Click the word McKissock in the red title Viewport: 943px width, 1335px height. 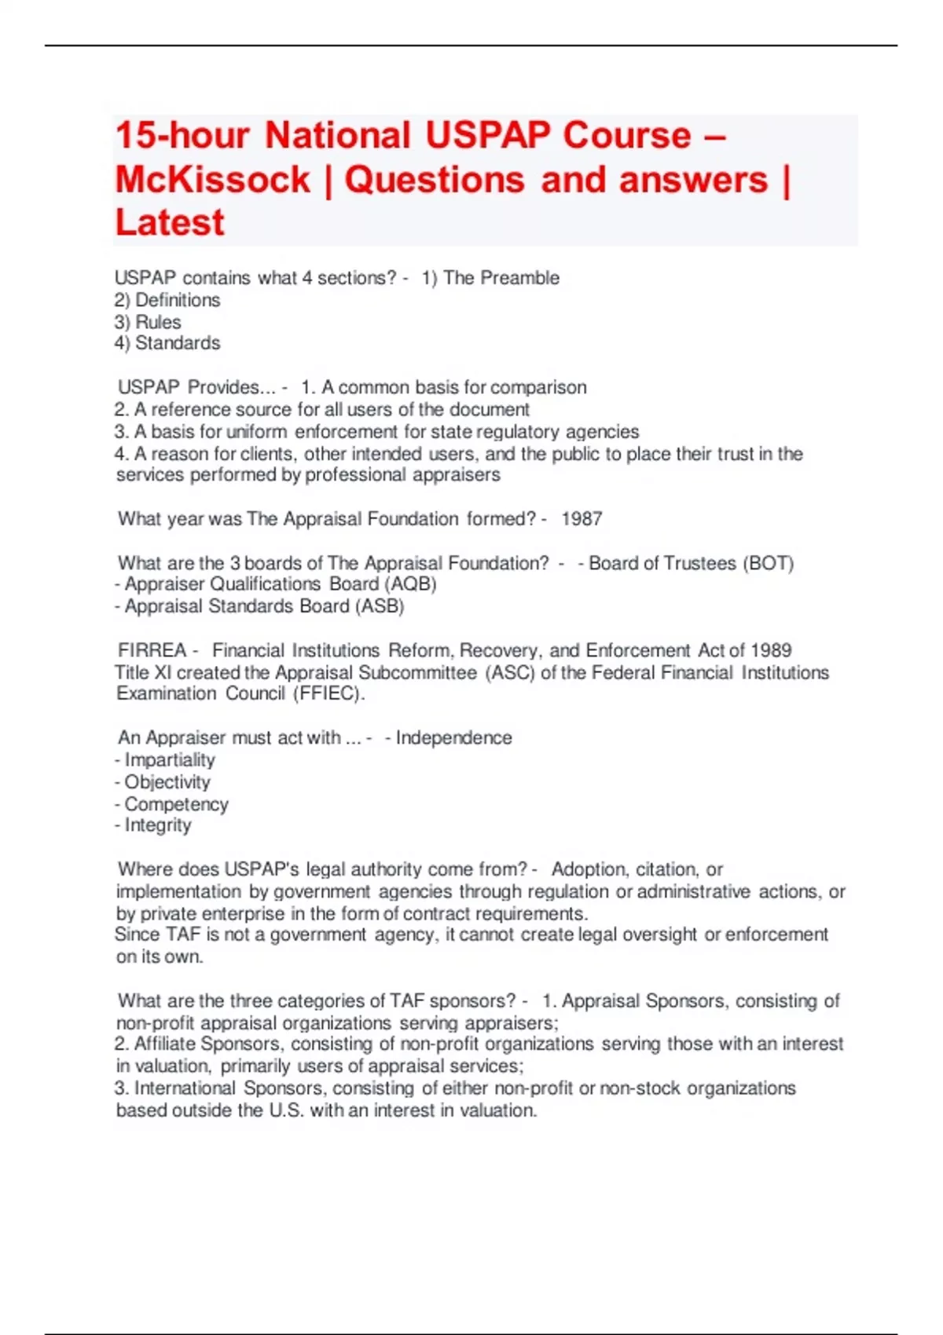213,180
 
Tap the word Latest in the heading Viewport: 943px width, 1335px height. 170,223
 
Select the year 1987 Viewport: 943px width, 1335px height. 582,519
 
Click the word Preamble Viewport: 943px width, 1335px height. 519,278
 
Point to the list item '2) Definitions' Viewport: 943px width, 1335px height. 167,300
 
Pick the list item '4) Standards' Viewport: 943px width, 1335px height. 167,343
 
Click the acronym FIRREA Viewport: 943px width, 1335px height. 152,650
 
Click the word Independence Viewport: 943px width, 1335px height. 453,738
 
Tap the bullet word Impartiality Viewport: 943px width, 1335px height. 170,760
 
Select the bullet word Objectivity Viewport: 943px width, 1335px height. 167,782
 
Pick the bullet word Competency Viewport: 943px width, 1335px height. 176,804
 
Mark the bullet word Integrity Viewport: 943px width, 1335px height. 158,825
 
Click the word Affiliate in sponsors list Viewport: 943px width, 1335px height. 165,1044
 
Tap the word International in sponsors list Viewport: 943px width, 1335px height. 185,1088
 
